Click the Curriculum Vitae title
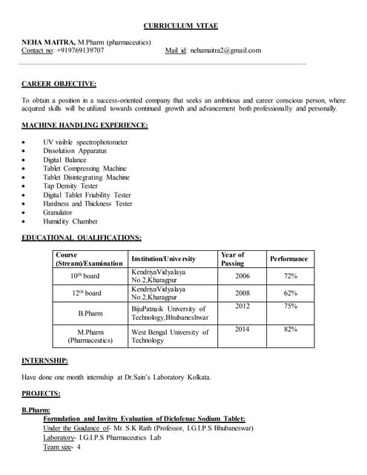coord(183,24)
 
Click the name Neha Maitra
coord(48,42)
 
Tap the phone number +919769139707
coord(80,51)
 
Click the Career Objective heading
coord(59,84)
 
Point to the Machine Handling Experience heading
coord(85,125)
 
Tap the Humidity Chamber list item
coord(70,221)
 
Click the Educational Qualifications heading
coord(82,237)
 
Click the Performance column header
coord(288,258)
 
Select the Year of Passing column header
coord(233,258)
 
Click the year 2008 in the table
coord(242,293)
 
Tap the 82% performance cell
coord(291,329)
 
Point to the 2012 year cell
coord(242,306)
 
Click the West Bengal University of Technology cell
coord(170,335)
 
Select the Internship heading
coord(44,361)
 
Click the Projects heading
coord(41,393)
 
